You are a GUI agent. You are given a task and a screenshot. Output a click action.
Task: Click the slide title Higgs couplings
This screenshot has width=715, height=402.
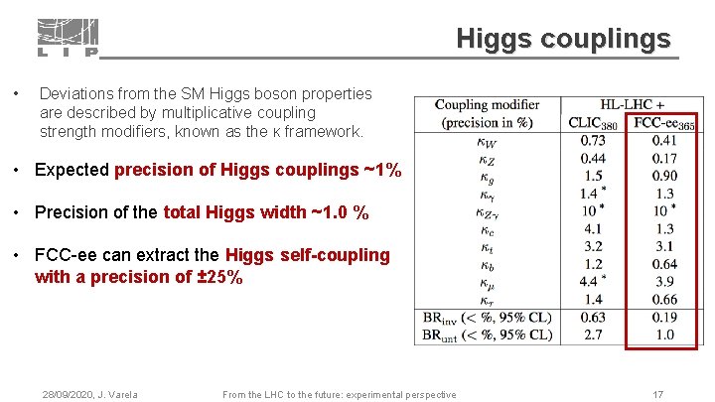point(563,39)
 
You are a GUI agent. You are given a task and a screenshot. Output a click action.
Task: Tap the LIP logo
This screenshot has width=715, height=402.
point(69,38)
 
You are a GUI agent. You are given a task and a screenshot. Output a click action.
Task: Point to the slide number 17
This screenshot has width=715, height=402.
point(657,394)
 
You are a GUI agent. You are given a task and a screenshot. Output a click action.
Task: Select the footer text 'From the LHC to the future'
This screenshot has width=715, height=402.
point(339,395)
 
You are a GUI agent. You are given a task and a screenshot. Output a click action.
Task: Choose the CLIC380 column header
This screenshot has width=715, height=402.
point(592,123)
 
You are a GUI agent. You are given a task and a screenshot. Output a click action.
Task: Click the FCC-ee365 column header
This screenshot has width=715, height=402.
point(663,123)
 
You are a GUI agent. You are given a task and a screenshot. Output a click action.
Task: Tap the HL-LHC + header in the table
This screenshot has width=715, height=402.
point(632,105)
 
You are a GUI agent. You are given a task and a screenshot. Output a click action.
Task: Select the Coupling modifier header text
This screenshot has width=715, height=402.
point(487,105)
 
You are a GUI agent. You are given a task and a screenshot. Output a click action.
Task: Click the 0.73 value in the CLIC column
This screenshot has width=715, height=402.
point(593,141)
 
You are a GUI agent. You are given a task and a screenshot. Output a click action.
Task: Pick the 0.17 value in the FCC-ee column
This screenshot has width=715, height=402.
point(664,141)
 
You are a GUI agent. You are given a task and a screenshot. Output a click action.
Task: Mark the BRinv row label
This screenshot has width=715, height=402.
point(487,318)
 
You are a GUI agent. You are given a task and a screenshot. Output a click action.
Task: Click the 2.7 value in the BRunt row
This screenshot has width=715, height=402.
point(593,335)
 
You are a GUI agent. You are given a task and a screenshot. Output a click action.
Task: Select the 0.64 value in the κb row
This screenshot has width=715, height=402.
point(664,264)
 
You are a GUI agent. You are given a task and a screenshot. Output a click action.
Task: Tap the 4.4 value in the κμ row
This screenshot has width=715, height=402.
point(590,282)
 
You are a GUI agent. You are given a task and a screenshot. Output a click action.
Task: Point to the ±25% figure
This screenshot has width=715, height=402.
point(220,277)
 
